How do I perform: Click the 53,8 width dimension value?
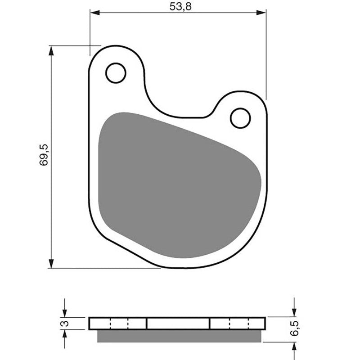[x=180, y=6]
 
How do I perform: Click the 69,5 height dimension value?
[x=44, y=155]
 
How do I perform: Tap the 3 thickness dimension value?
[x=65, y=324]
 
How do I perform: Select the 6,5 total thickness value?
[x=294, y=328]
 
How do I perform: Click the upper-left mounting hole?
[x=116, y=73]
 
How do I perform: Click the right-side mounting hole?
[x=240, y=118]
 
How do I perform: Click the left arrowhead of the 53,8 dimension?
[x=95, y=13]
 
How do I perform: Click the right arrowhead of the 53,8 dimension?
[x=261, y=13]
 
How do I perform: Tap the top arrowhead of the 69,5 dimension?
[x=51, y=51]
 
